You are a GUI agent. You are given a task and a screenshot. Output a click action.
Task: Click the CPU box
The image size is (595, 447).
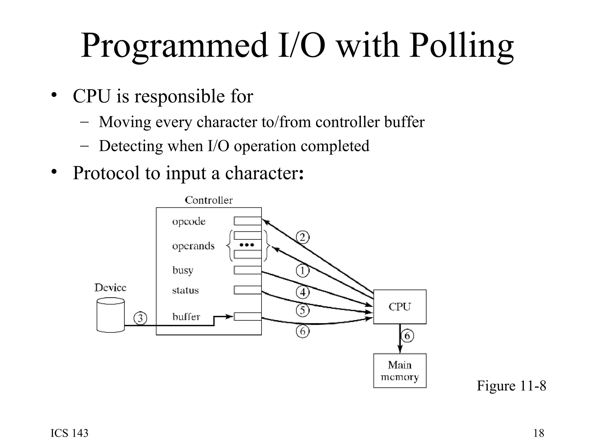(399, 307)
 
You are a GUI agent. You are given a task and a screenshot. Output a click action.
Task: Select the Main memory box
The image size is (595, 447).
(399, 370)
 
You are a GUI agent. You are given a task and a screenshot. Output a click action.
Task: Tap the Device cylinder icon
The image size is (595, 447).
(110, 315)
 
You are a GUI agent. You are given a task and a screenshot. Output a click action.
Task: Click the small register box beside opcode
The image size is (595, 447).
(248, 221)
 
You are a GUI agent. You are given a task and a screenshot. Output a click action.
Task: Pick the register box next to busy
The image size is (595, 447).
(248, 270)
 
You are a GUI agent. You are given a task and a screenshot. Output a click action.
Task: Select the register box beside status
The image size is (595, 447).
(248, 290)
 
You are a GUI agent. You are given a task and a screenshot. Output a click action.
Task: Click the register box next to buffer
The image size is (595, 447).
(248, 316)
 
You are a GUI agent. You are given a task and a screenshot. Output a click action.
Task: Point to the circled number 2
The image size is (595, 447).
(302, 237)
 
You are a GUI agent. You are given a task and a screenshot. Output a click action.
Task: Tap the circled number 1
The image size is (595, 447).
(302, 271)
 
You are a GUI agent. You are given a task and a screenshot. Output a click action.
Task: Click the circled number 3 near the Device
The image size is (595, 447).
(140, 318)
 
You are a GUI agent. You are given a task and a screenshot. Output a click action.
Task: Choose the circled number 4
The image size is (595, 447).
(302, 292)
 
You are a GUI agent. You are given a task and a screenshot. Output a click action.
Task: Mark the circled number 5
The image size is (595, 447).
(302, 310)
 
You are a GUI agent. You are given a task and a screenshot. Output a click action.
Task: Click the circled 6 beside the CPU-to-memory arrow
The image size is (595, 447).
(407, 336)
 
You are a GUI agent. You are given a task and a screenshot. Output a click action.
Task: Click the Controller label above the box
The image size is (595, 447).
(209, 200)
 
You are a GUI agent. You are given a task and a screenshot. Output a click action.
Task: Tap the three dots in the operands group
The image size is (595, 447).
(247, 245)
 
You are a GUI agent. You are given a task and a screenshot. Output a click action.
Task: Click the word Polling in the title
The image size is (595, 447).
(461, 46)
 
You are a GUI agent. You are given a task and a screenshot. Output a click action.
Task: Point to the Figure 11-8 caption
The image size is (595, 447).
(511, 386)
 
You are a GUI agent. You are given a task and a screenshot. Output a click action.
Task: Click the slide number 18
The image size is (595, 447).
(539, 433)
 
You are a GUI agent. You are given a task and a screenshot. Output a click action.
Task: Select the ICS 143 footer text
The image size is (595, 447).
(69, 433)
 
